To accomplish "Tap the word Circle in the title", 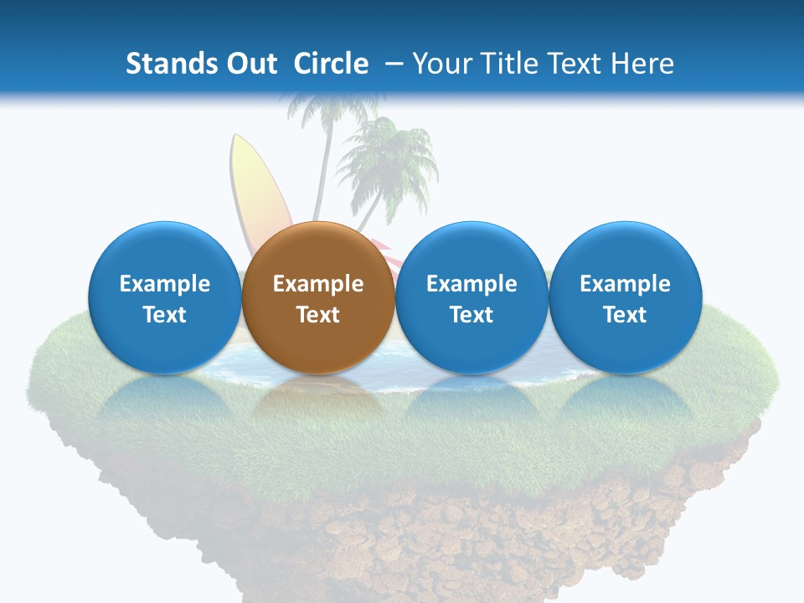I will [331, 64].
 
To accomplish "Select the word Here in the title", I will [642, 64].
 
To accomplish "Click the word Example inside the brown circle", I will [318, 284].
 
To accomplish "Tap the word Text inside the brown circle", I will [318, 315].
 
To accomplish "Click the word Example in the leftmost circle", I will [164, 284].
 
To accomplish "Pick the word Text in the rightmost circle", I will [625, 315].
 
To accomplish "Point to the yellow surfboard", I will [255, 188].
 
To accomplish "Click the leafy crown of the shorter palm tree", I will [388, 159].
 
